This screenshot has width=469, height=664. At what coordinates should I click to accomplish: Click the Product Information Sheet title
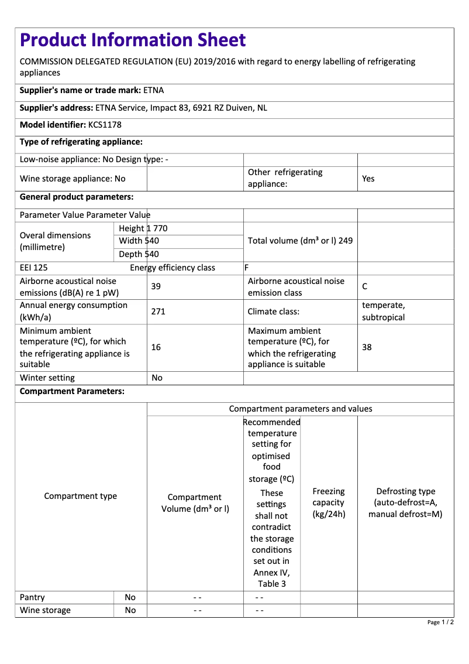coord(133,40)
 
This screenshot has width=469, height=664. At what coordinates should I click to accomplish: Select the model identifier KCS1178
coord(105,125)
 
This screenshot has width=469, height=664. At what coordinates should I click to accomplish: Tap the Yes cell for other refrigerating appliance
coord(368,179)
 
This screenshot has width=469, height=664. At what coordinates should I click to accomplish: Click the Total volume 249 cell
coord(300,241)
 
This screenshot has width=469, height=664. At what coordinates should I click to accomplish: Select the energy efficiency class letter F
coord(247,268)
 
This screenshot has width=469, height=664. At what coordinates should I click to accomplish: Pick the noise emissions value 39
coord(156,286)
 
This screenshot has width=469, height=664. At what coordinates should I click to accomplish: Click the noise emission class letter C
coord(365,286)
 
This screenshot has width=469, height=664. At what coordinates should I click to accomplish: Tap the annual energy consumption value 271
coord(158,312)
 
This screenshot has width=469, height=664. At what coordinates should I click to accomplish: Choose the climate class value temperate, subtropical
coord(384,312)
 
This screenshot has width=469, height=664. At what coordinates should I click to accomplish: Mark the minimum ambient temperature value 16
coord(156,347)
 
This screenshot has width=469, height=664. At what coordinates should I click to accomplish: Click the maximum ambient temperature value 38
coord(367,347)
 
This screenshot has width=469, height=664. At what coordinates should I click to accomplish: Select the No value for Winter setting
coord(157,378)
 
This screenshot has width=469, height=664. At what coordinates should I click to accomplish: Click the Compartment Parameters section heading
coord(72,392)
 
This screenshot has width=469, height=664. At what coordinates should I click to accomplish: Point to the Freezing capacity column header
coord(329,502)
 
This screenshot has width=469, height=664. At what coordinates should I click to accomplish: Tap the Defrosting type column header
coord(405,502)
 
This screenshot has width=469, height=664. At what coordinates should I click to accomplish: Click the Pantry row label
coord(32,597)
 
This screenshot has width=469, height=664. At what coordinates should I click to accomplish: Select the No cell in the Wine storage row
coord(130,610)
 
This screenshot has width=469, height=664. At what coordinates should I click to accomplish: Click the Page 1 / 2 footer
coord(440,622)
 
